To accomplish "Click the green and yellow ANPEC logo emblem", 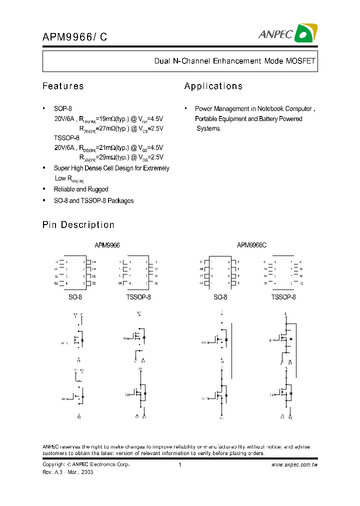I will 305,33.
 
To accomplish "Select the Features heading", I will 63,86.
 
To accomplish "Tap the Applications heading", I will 213,86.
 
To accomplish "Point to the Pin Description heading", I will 78,225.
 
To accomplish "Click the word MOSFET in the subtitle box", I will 300,61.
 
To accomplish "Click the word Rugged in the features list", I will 98,189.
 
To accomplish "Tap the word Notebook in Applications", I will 272,108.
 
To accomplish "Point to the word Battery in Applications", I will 270,118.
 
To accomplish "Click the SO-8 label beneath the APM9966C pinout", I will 220,297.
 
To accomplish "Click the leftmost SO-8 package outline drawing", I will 75,272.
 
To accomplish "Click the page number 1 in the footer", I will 179,464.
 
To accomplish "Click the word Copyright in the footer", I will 54,464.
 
